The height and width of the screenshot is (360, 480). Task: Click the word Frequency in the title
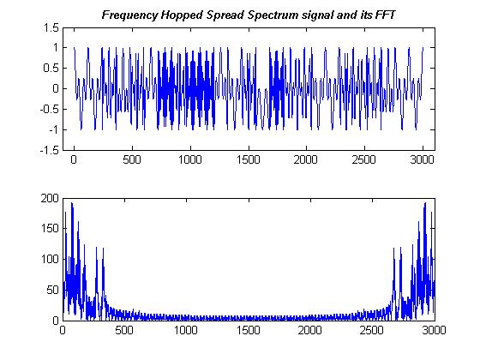(x=131, y=15)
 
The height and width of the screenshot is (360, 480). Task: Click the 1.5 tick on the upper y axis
(x=50, y=27)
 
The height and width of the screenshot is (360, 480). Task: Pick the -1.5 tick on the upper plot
(x=48, y=149)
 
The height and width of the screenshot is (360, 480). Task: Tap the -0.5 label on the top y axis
(x=48, y=109)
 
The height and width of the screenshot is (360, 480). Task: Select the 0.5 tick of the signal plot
(x=50, y=69)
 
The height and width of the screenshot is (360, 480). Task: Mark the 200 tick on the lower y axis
(x=48, y=198)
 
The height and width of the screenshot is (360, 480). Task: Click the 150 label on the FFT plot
(x=48, y=229)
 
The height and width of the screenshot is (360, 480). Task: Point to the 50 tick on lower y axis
(x=51, y=290)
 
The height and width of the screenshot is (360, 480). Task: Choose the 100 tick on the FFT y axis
(x=48, y=259)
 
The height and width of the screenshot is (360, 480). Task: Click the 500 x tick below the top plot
(x=132, y=160)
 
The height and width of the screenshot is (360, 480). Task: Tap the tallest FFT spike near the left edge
(x=72, y=204)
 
